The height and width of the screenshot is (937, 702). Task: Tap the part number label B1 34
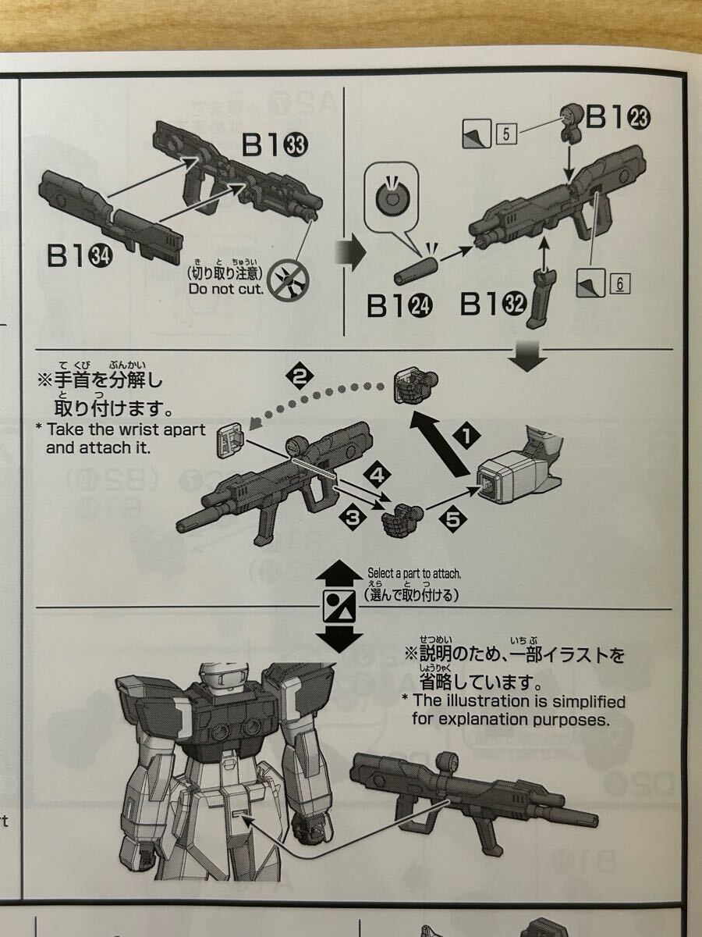coord(78,255)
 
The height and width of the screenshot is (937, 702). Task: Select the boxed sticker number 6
coord(620,285)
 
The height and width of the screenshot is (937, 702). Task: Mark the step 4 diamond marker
coord(377,473)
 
